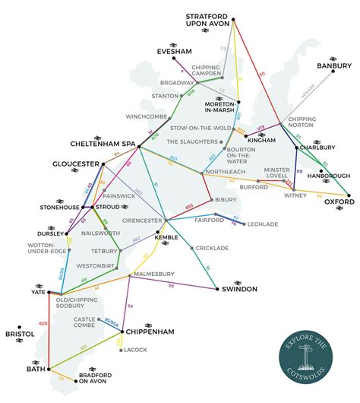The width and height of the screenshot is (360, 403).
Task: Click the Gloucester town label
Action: pyautogui.click(x=76, y=163)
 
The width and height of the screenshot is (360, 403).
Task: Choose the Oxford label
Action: pyautogui.click(x=339, y=203)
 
